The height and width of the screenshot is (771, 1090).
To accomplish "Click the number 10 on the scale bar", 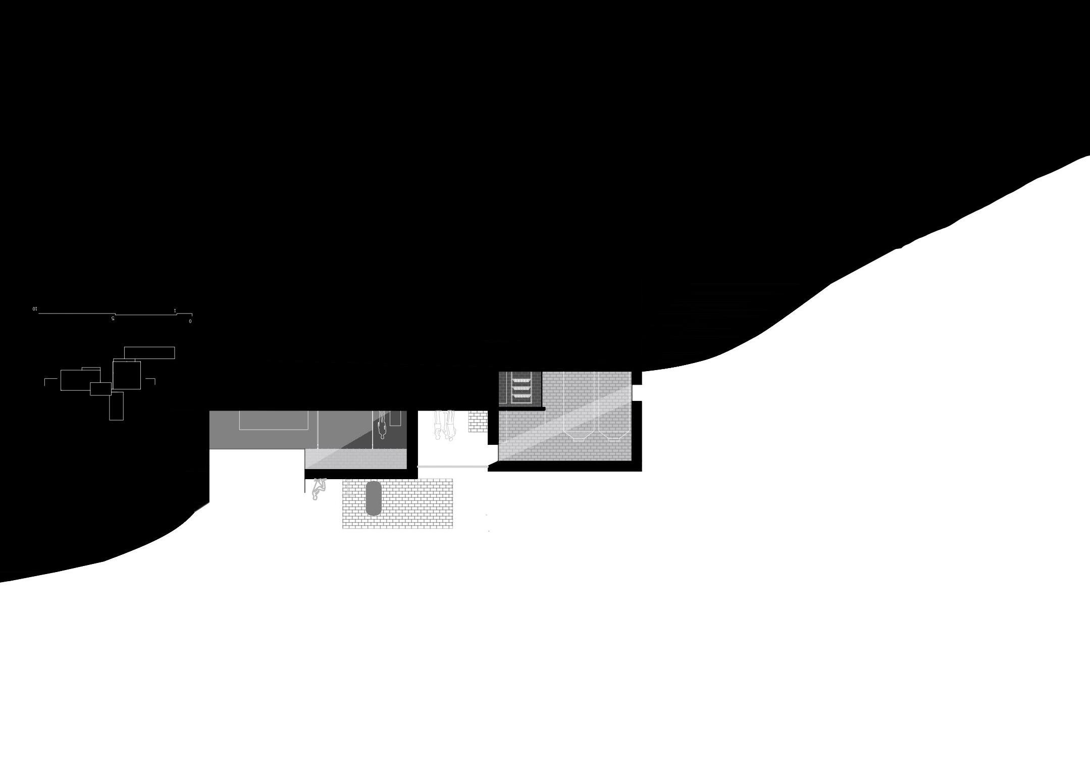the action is coord(35,309).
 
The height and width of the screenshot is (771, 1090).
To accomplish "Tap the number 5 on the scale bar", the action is coord(113,319).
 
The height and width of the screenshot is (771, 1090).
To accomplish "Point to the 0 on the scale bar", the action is coord(190,321).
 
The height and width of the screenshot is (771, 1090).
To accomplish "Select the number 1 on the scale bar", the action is coord(175,310).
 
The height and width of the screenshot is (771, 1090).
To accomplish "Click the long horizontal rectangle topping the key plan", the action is coord(149,352).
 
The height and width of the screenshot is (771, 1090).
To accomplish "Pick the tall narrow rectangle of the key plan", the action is coord(116,406).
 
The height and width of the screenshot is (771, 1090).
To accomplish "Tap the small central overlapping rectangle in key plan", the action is coord(100,389).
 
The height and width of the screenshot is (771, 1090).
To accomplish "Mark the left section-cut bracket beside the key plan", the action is coord(49,381).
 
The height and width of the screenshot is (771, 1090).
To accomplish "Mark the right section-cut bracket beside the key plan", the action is coord(151,381).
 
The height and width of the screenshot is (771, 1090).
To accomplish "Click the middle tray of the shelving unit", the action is coord(521,389).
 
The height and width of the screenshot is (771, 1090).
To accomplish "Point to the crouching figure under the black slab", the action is coord(319,489).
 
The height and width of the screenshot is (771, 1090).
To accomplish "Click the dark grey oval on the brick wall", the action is coord(374,498).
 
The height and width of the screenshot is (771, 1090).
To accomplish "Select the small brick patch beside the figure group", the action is coord(478,422).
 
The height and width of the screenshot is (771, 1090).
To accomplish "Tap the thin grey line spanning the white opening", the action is coord(452,467).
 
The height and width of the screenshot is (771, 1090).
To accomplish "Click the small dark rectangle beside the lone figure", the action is coord(395,418).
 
